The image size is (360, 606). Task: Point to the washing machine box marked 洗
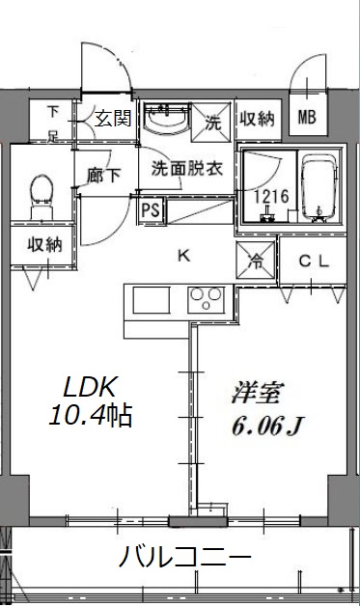212,122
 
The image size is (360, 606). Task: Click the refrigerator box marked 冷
258,260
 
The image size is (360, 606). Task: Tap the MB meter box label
307,119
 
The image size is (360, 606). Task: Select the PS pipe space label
151,209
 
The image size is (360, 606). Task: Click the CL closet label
311,261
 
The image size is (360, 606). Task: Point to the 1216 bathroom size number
269,197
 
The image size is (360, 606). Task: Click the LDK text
90,388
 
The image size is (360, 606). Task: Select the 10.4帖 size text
90,417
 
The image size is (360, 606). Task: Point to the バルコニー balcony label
186,558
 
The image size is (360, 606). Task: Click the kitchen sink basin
152,300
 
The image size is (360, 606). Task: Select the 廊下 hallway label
104,176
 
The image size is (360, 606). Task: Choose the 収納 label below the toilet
44,244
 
